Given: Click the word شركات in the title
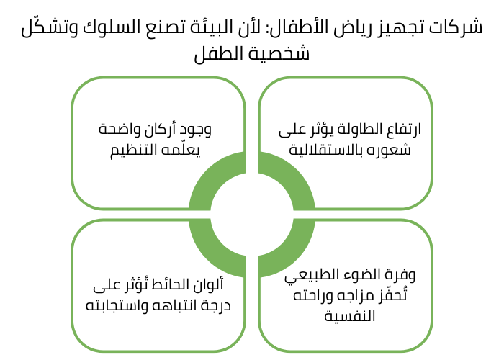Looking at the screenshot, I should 459,29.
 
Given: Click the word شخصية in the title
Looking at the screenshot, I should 284,54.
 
